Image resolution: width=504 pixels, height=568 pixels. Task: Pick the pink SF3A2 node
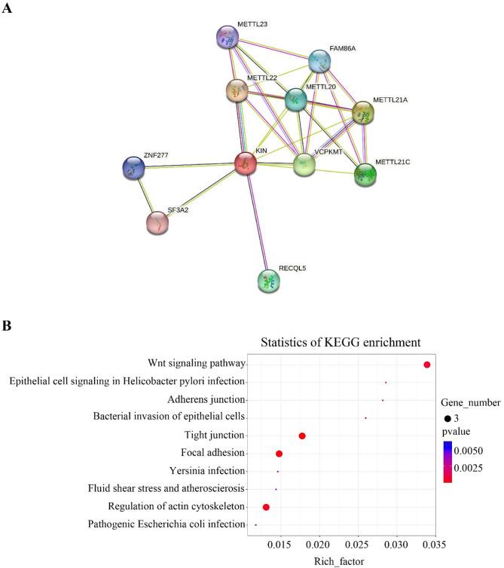coord(157,222)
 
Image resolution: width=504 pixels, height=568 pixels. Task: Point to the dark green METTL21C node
coord(365,175)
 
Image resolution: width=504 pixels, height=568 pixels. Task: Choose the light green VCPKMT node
coord(304,164)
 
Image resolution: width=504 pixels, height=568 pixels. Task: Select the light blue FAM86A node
coord(320,61)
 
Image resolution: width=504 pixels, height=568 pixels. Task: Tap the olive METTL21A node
coord(363,112)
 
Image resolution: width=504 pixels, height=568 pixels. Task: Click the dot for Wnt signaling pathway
coord(427,365)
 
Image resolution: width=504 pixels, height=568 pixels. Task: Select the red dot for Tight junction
coord(302,435)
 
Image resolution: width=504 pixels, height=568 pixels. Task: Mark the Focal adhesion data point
coord(279,453)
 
